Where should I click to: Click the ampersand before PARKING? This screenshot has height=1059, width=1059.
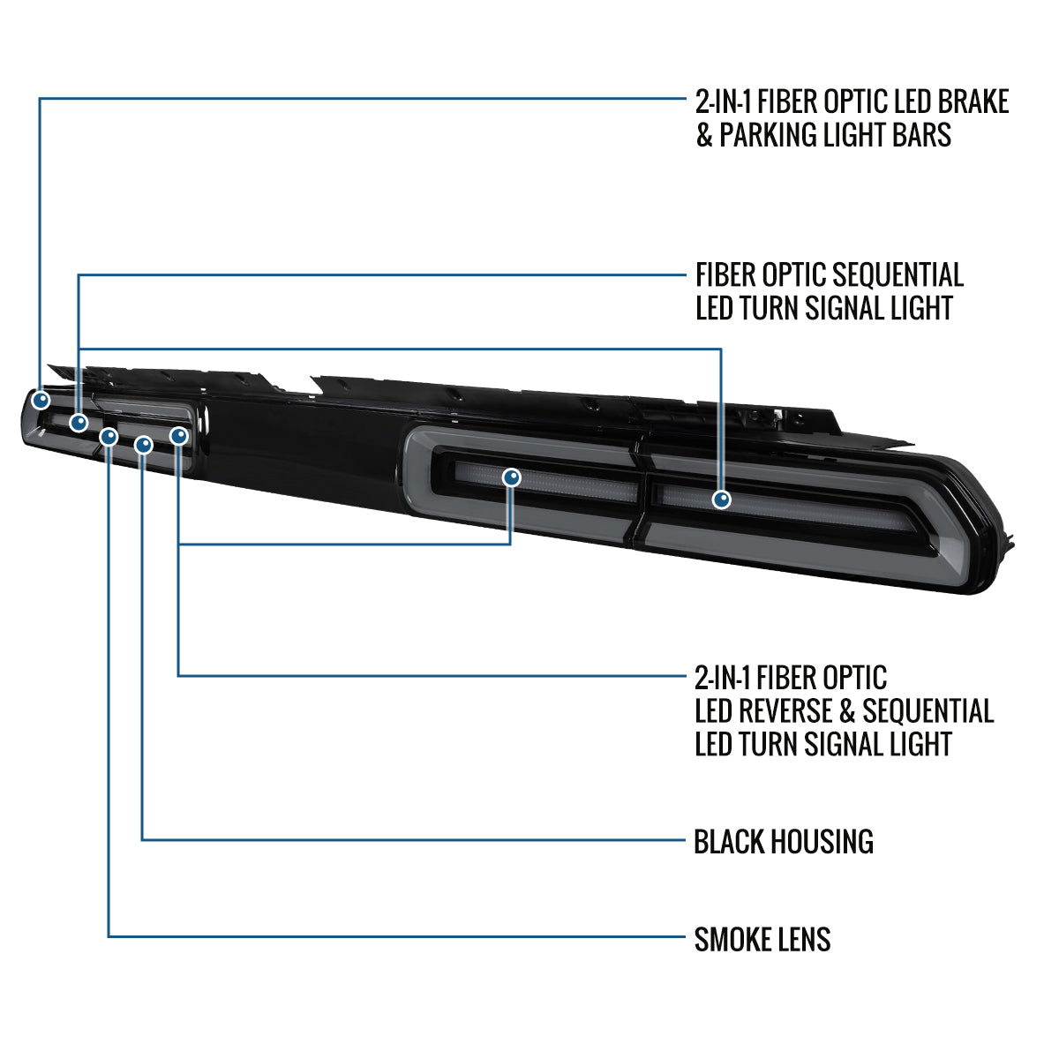pyautogui.click(x=704, y=135)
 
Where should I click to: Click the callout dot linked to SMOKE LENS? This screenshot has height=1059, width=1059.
pyautogui.click(x=109, y=437)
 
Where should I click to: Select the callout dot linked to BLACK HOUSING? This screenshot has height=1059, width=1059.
pyautogui.click(x=144, y=445)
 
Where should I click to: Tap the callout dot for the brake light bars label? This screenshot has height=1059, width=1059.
pyautogui.click(x=41, y=400)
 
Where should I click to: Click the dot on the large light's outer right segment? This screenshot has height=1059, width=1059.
pyautogui.click(x=721, y=499)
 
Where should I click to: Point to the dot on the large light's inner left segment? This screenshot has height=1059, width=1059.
pyautogui.click(x=512, y=477)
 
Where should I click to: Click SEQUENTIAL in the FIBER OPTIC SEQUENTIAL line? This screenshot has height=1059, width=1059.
pyautogui.click(x=898, y=274)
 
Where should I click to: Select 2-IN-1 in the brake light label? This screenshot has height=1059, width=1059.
pyautogui.click(x=722, y=101)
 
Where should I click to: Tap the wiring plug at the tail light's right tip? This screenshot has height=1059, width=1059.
pyautogui.click(x=1008, y=540)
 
